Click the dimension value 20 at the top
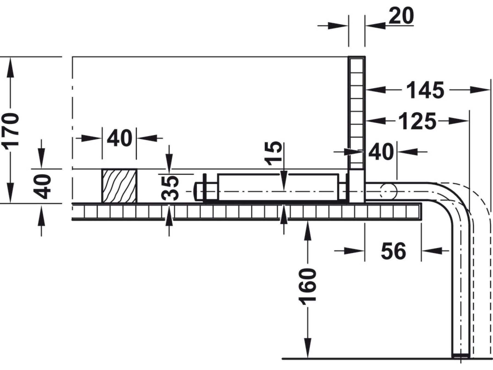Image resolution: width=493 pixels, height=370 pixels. coord(401,16)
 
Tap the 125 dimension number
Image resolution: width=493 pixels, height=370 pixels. coord(417,121)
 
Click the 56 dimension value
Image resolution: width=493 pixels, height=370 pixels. coord(393,251)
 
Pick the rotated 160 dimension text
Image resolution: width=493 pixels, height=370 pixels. coord(308,287)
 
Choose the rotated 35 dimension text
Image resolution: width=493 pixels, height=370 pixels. coord(170,188)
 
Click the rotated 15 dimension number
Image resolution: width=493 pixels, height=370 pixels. coord(273,153)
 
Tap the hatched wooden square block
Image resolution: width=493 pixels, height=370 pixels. coord(119,186)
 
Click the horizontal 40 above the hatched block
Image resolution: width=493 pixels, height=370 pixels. coord(119,138)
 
